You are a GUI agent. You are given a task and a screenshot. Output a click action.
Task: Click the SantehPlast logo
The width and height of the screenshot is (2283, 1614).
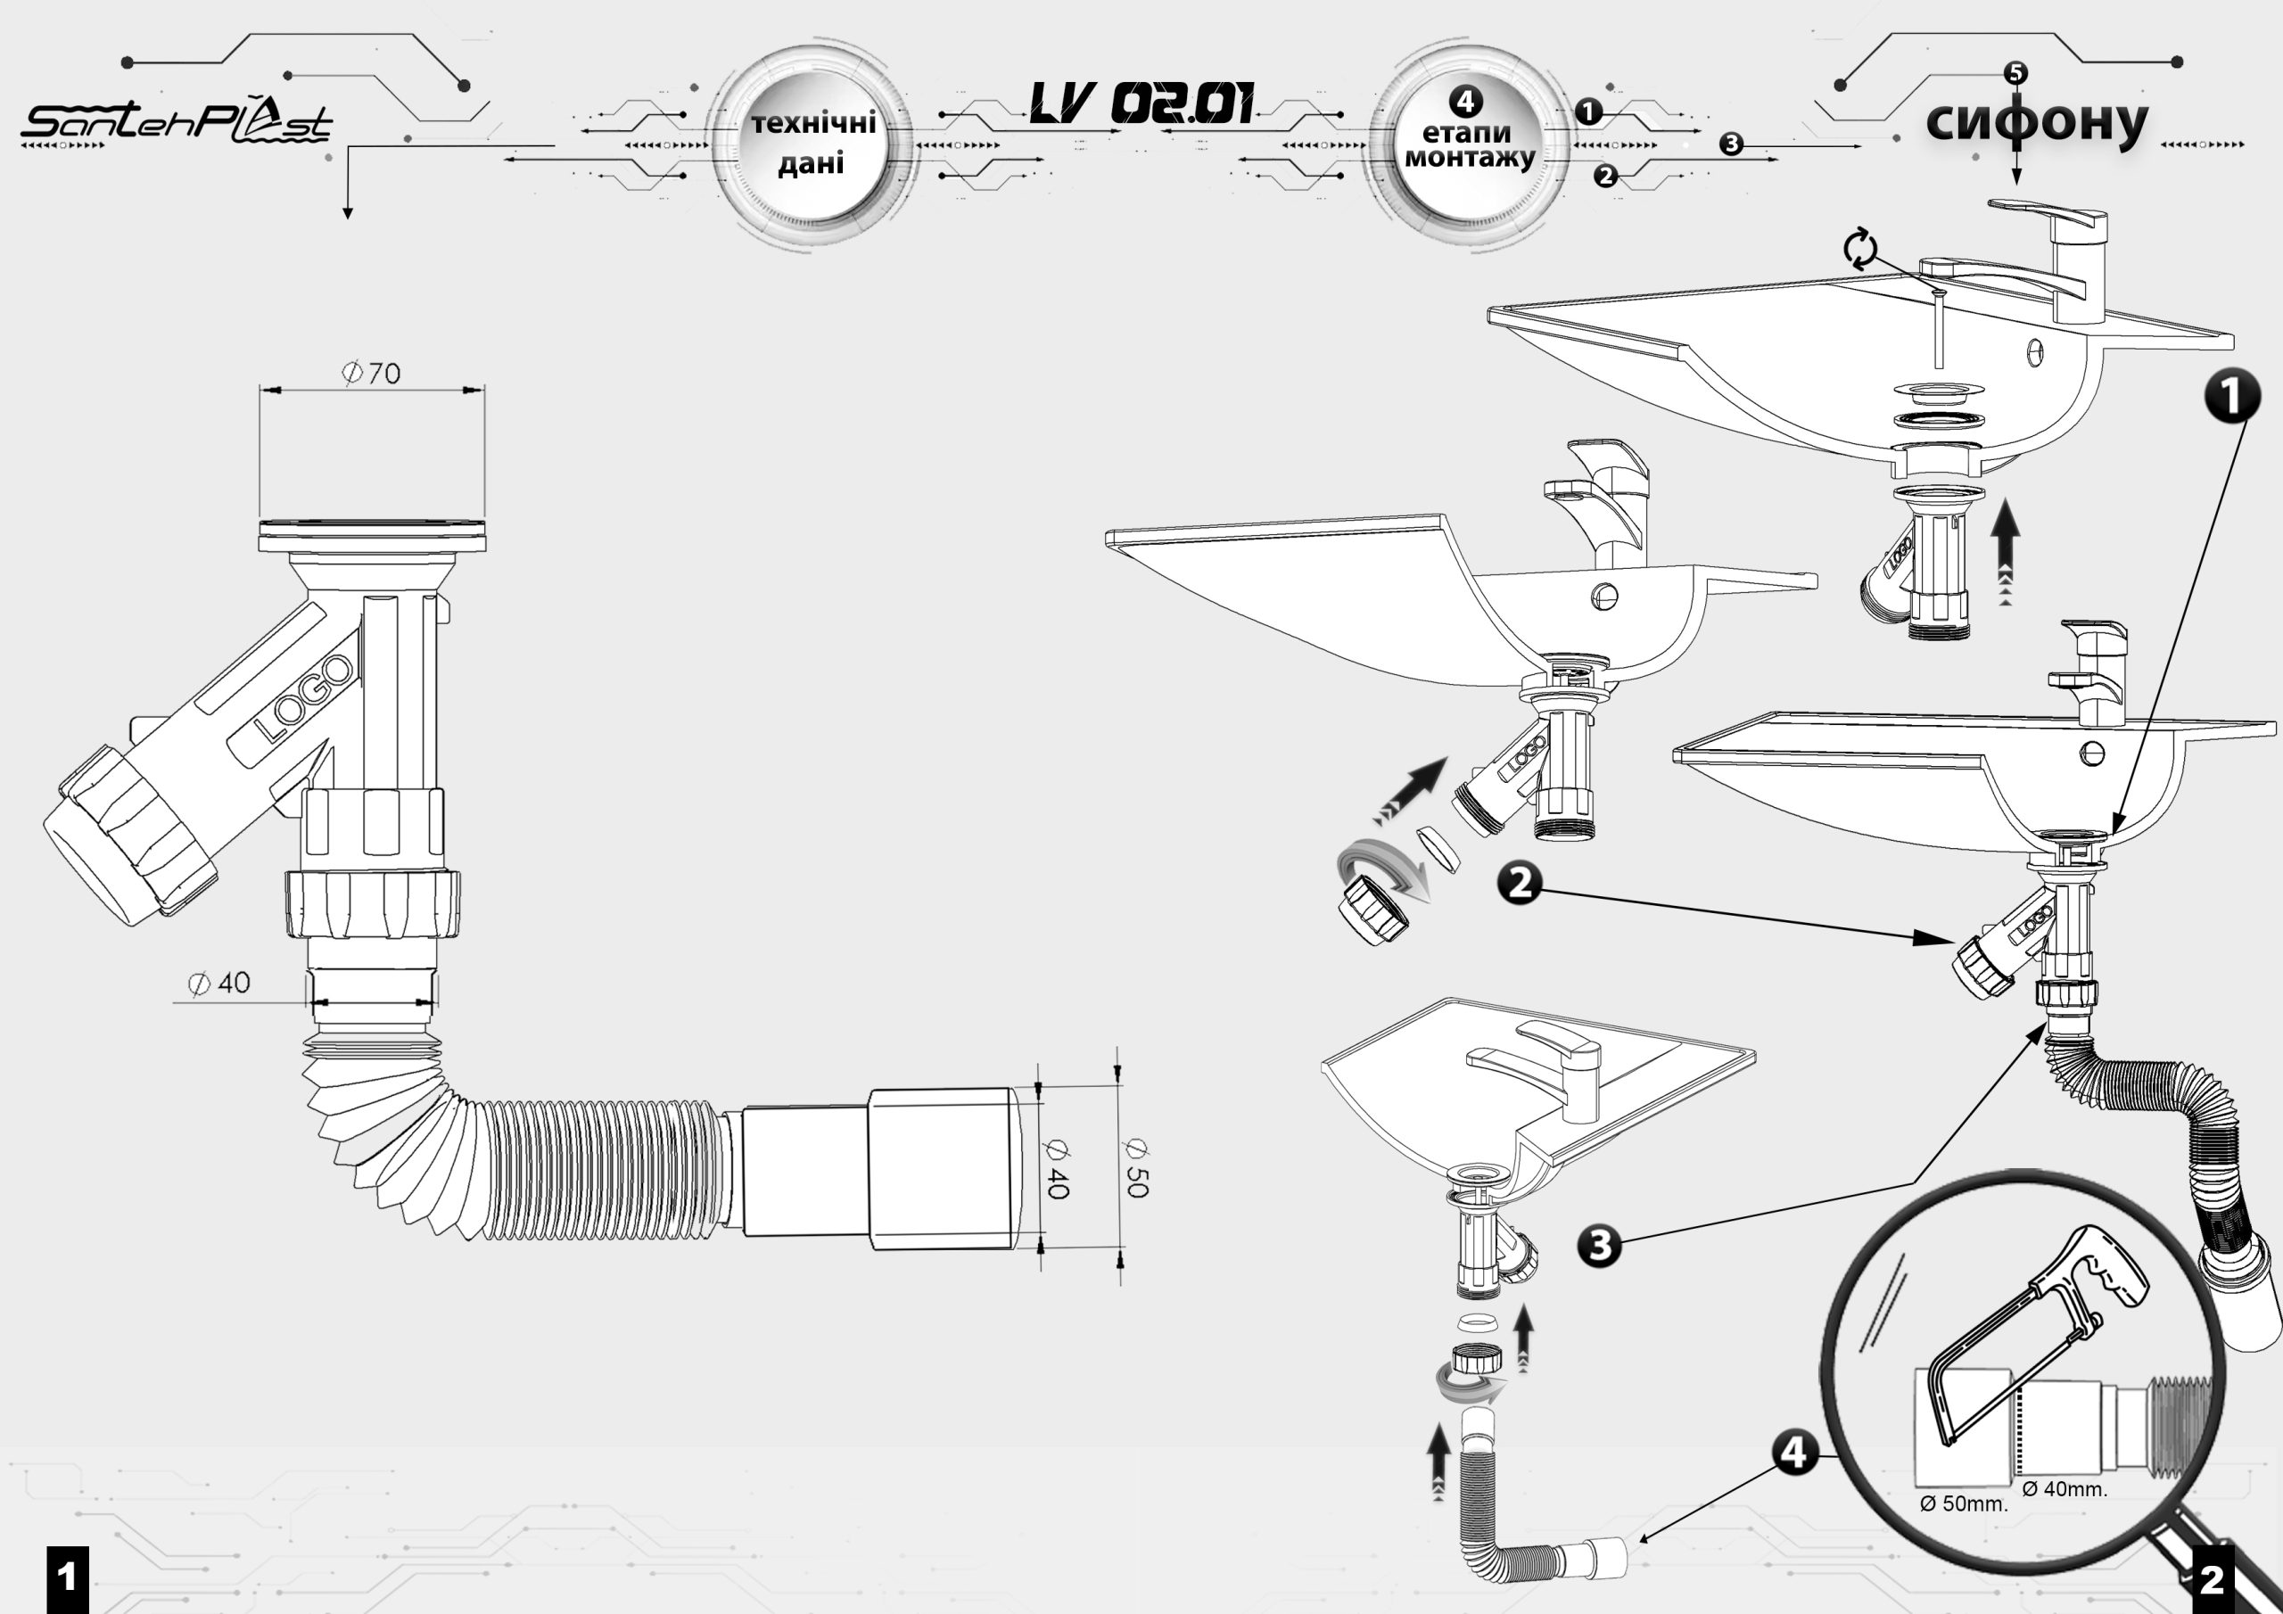(x=177, y=122)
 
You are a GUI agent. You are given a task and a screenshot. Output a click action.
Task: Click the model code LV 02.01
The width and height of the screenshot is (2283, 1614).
(x=1141, y=103)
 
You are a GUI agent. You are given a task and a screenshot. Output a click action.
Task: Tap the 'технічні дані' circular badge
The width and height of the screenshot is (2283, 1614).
(x=812, y=144)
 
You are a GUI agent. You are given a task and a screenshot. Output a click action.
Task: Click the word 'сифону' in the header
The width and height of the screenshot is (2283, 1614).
(x=2036, y=123)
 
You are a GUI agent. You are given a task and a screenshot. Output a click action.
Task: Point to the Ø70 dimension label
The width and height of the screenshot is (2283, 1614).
(x=371, y=373)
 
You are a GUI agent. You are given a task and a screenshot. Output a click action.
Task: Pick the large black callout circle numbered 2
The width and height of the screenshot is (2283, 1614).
(x=1521, y=883)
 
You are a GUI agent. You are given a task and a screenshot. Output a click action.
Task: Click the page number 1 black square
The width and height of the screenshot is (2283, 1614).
(x=68, y=1579)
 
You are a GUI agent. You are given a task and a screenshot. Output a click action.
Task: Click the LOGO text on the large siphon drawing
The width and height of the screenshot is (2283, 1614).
(x=303, y=698)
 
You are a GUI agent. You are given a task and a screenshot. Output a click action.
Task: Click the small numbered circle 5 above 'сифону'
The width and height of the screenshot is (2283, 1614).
(x=2015, y=72)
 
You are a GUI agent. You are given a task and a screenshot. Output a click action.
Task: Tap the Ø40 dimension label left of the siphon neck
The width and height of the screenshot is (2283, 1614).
(x=219, y=984)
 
